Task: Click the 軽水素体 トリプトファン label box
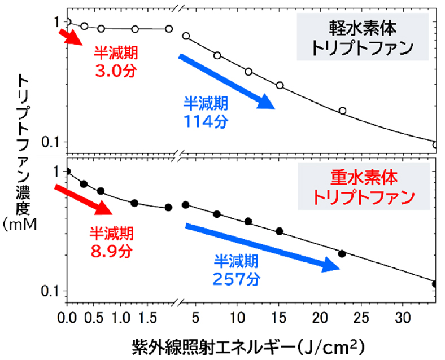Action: tap(362, 37)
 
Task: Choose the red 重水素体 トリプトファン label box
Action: tap(362, 188)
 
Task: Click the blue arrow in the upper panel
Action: tap(226, 80)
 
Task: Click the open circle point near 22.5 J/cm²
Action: tap(342, 111)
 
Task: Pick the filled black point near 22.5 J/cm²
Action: tap(341, 253)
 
